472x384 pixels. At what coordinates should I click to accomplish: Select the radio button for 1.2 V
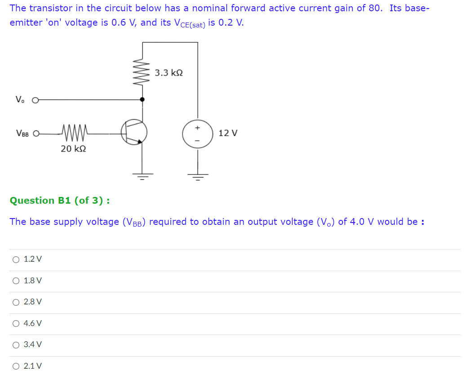[16, 259]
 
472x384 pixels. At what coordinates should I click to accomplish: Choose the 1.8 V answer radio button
[16, 281]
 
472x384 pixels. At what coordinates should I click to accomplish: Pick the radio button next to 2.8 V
[16, 302]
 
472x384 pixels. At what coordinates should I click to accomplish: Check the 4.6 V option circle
[16, 323]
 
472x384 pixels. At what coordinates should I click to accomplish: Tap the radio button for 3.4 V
[16, 345]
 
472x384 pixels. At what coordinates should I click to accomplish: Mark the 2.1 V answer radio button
[16, 366]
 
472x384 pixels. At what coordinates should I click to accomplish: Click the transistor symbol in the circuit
[134, 132]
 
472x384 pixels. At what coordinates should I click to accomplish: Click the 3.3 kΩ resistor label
[169, 73]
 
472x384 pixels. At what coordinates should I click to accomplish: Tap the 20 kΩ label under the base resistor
[73, 149]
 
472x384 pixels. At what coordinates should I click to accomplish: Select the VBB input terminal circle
[36, 134]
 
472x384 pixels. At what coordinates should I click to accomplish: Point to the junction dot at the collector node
[142, 99]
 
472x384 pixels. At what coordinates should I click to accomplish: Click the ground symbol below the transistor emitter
[142, 175]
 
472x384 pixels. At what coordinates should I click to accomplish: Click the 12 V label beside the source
[228, 133]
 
